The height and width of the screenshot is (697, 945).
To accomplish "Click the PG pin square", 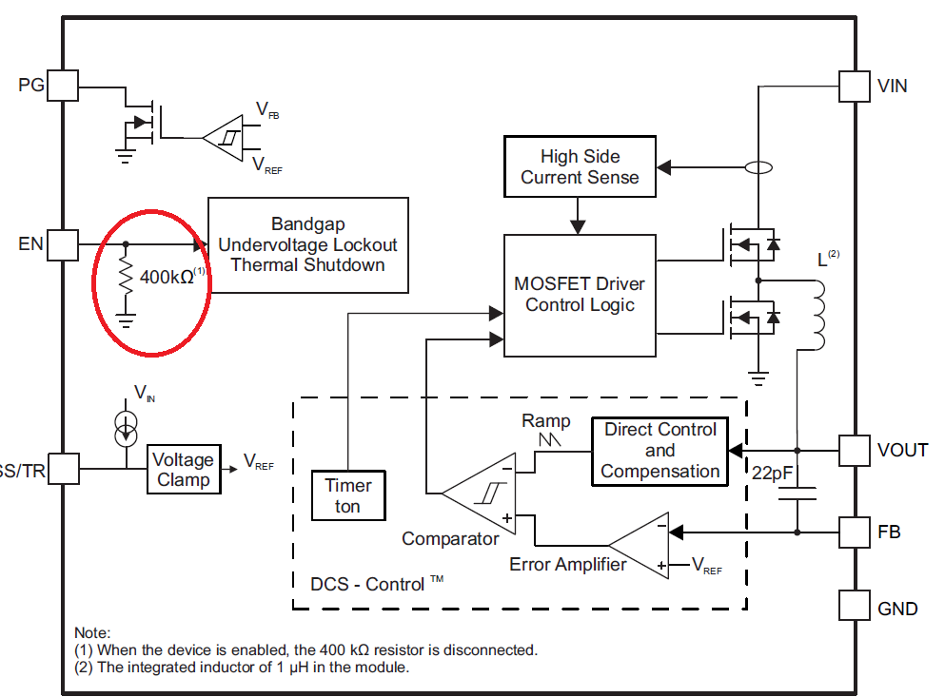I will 63,86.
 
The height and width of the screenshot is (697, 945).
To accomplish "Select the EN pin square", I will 63,244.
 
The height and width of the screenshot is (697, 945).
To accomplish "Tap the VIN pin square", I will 854,86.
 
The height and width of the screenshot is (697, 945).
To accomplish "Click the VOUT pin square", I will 854,450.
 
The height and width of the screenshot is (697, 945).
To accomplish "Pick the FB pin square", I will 854,531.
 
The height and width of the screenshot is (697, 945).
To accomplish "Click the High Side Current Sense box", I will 580,166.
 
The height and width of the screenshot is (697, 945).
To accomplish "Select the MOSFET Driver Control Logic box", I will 580,295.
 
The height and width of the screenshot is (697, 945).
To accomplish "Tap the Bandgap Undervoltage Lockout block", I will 307,244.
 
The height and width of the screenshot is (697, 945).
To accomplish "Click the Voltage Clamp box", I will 184,470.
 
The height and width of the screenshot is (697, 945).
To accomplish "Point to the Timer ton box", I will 348,495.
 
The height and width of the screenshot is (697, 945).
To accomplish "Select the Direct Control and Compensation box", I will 660,451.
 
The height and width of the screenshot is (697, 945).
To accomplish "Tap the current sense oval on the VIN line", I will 758,168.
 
